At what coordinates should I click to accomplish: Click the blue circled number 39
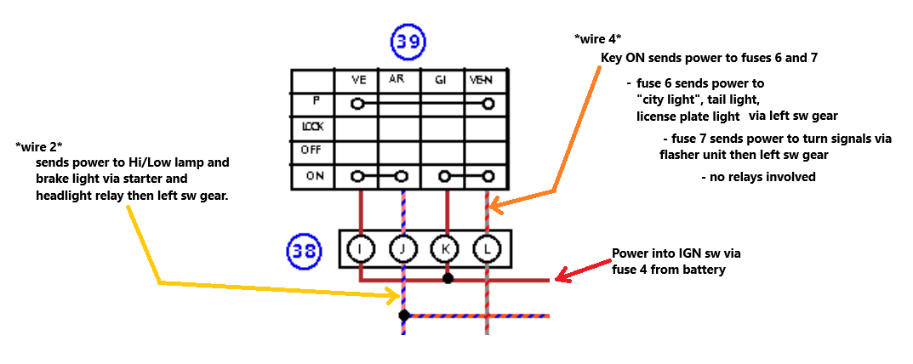click(408, 43)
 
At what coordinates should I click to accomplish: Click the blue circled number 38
click(305, 251)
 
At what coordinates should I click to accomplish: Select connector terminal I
click(361, 249)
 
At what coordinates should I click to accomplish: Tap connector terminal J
click(403, 249)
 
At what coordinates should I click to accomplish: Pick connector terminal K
click(445, 249)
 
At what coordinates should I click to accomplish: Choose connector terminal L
click(487, 249)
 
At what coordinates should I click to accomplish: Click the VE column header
click(358, 80)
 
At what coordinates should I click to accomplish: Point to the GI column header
click(441, 80)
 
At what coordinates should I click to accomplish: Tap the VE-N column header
click(482, 80)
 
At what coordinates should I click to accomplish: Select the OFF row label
click(311, 151)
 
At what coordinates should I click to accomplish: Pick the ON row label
click(315, 176)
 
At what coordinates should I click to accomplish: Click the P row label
click(317, 100)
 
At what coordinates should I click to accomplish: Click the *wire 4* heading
click(598, 39)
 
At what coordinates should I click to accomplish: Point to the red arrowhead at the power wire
click(561, 277)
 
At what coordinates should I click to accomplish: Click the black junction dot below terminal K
click(448, 278)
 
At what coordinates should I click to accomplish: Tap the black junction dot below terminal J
click(404, 316)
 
